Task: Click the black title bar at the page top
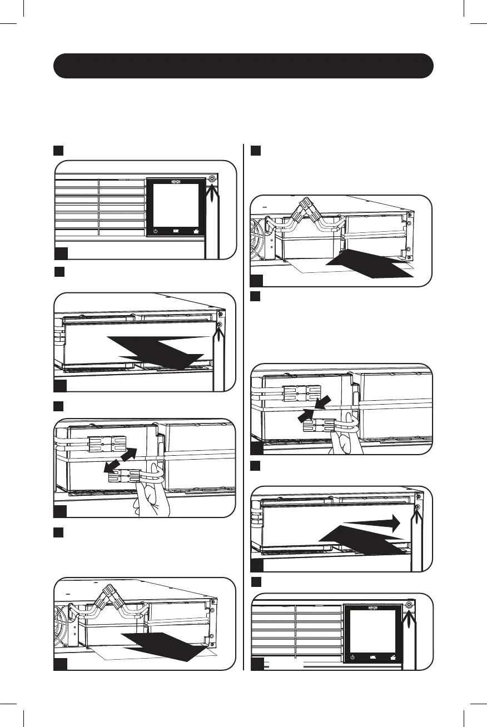243,66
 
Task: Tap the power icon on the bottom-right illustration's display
353,658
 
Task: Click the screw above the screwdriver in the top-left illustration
212,179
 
